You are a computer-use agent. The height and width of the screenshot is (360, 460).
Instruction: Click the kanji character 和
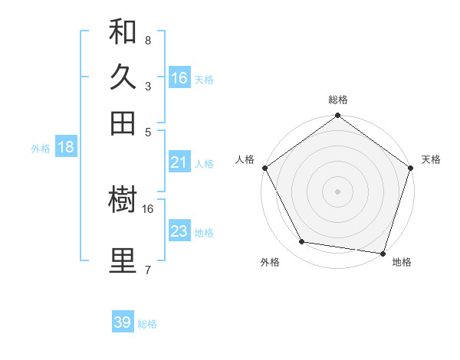coord(123,31)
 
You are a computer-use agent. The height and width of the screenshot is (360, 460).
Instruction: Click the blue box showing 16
coord(179,78)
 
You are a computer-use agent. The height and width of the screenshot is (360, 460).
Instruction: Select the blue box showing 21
coord(179,162)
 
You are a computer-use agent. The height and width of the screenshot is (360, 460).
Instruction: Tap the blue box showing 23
coord(179,231)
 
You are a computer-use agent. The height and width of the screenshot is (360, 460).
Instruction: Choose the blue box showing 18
coord(66,148)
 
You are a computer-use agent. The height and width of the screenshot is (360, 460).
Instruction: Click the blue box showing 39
coord(123,322)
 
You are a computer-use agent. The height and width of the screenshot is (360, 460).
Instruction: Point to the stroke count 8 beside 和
coord(147,40)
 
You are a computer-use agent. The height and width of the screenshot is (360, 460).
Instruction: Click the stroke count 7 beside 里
coord(147,269)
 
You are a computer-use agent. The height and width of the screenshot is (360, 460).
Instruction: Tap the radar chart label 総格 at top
coord(338,100)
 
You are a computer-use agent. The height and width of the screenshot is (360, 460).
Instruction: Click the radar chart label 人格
coord(245,159)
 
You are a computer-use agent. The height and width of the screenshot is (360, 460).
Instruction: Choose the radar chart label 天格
coord(431,159)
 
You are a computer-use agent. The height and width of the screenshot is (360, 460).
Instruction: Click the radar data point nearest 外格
coord(302,242)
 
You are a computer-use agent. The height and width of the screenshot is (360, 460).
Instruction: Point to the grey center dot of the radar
coord(338,191)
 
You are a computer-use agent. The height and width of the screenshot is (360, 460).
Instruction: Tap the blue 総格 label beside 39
coord(147,324)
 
